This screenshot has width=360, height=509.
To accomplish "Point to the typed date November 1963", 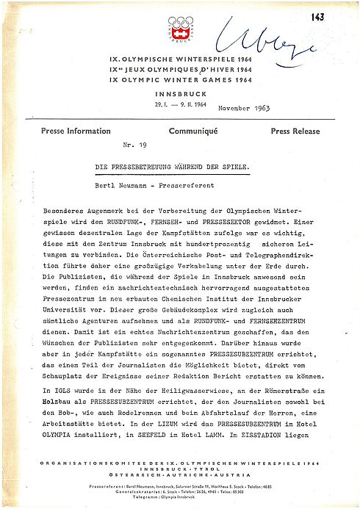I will coord(244,108).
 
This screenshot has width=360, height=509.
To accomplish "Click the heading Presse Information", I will coord(56,131).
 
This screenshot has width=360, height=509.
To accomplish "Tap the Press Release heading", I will coord(295,131).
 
